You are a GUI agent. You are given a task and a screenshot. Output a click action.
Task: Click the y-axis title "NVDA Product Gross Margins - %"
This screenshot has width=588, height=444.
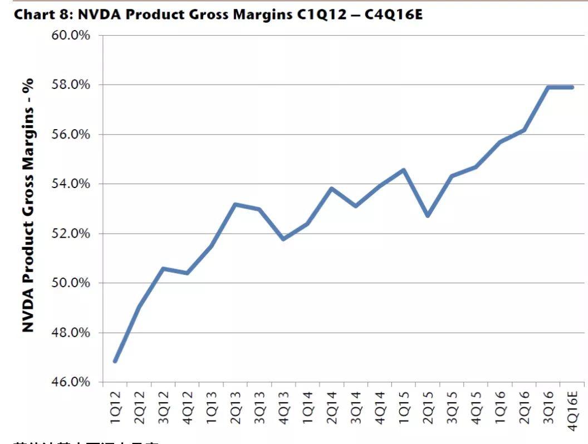tap(28, 205)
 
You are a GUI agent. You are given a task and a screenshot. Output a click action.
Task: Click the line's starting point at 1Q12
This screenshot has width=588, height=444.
tap(115, 361)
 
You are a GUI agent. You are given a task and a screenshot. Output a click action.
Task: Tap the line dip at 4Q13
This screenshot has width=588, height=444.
tap(283, 239)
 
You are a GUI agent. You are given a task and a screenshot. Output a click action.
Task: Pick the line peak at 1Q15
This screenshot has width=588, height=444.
tap(404, 170)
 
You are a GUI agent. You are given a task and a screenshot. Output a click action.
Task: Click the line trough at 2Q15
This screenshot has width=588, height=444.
tap(428, 215)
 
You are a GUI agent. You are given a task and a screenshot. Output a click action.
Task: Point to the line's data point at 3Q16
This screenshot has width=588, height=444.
tap(548, 87)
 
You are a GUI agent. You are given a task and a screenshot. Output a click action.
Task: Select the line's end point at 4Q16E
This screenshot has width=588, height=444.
tap(572, 87)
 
